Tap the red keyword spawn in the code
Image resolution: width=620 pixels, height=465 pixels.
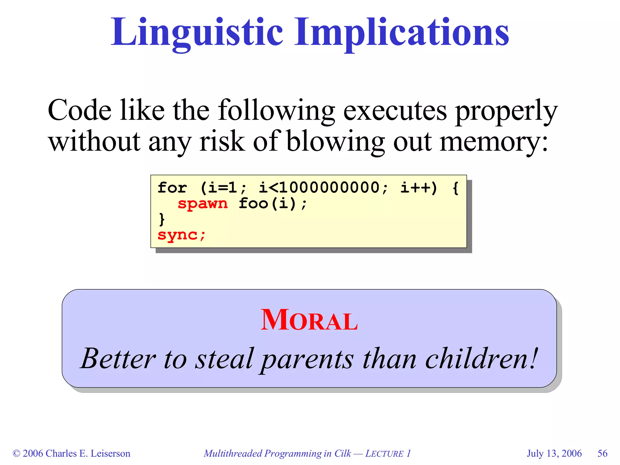point(202,203)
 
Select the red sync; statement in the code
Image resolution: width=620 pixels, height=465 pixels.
point(181,235)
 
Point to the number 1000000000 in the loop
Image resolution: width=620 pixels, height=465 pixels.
point(329,187)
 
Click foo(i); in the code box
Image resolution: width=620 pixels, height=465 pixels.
point(273,203)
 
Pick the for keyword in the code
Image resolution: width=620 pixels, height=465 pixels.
point(172,187)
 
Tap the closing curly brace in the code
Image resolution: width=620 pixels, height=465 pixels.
point(162,219)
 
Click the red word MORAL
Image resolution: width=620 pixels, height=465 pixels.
point(309,320)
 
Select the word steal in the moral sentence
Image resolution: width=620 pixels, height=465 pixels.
point(224,359)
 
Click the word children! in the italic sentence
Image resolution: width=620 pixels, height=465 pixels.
point(481,359)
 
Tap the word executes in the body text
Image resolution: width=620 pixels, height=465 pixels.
point(395,110)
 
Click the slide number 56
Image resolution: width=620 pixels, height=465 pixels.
point(602,453)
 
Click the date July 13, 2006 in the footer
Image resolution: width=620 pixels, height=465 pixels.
point(554,453)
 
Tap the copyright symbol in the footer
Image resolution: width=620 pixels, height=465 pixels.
point(16,453)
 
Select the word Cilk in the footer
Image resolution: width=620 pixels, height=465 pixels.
point(342,453)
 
